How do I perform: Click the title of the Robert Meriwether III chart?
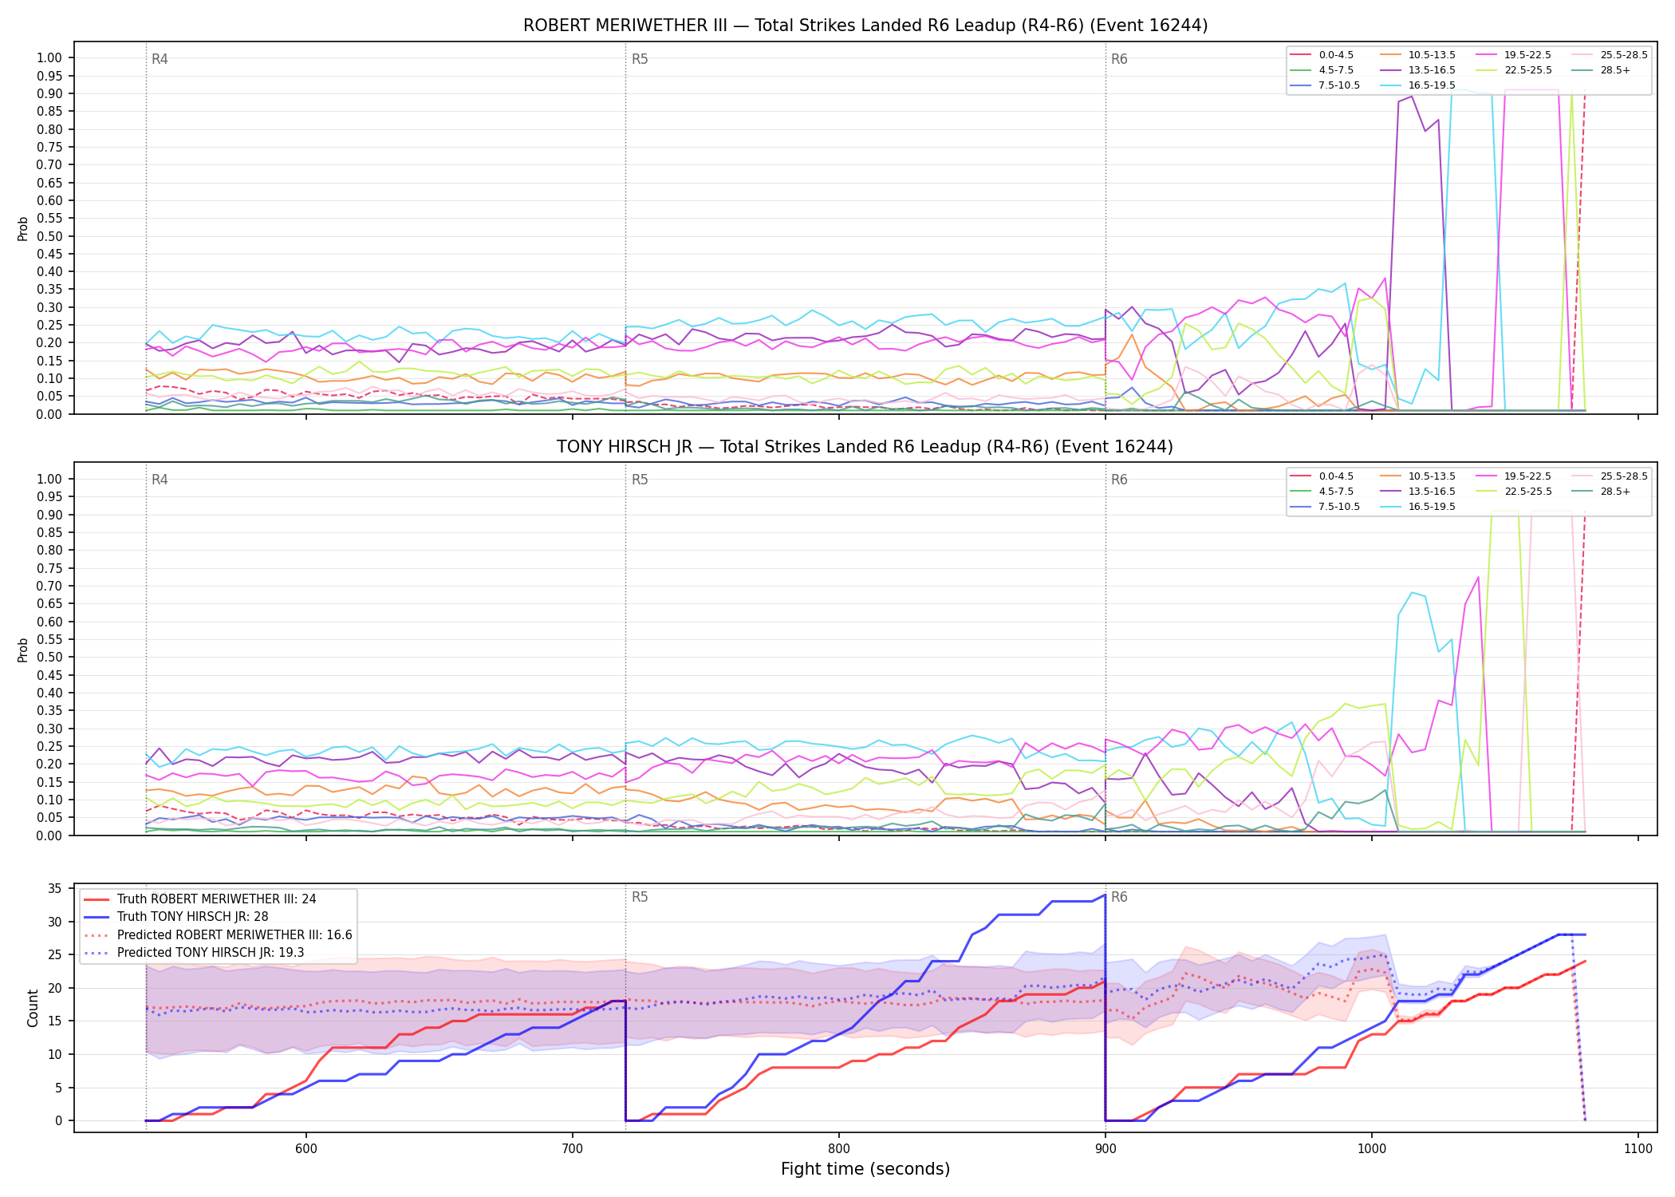(865, 26)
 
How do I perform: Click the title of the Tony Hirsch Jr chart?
(865, 447)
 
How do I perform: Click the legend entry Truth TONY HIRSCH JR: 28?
(192, 917)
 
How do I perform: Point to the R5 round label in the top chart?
(640, 59)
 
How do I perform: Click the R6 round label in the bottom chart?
(1119, 897)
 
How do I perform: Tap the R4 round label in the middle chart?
(160, 480)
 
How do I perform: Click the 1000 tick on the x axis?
(1372, 1148)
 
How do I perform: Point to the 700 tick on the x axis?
(573, 1148)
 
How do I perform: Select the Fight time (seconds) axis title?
(865, 1169)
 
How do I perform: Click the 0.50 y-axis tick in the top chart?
(49, 236)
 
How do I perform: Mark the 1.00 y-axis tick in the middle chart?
(49, 479)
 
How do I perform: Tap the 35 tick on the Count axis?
(55, 888)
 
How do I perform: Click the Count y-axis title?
(33, 1008)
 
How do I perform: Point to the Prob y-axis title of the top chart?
(23, 228)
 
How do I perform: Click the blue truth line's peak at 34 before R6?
(1105, 895)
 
